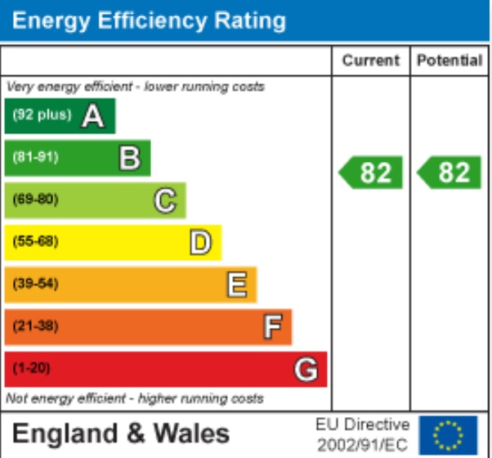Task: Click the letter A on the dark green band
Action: tap(93, 116)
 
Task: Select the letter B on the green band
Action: tap(129, 158)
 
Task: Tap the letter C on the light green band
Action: tap(165, 200)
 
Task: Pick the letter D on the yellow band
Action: tap(200, 242)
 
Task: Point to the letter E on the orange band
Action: tap(236, 285)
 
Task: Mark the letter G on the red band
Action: tap(306, 370)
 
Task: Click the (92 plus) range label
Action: tap(42, 115)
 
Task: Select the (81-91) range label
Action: tap(35, 157)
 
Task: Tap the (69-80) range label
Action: tap(35, 200)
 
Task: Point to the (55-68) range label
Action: tap(35, 242)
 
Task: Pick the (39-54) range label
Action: tap(35, 285)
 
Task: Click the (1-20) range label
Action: tap(32, 369)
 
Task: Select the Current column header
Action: tap(371, 61)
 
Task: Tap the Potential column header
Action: tap(450, 61)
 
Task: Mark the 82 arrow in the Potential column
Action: tap(450, 173)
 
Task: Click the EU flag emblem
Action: tap(448, 435)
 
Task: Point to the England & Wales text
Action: tap(121, 433)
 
